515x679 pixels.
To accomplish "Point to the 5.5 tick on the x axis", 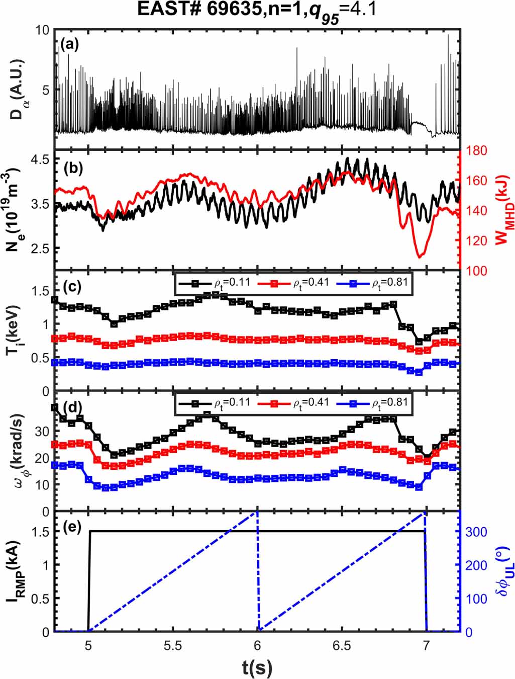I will (172, 645).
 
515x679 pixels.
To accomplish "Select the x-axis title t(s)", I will (257, 667).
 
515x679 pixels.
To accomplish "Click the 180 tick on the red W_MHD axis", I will (476, 150).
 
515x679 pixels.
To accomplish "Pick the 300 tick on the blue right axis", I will (476, 532).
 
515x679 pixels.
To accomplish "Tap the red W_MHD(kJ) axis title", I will (502, 210).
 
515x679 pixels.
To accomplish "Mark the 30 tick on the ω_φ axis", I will (42, 432).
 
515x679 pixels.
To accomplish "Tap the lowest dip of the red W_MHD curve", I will (419, 257).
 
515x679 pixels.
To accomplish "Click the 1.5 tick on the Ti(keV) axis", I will (41, 291).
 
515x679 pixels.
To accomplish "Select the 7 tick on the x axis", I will (426, 645).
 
